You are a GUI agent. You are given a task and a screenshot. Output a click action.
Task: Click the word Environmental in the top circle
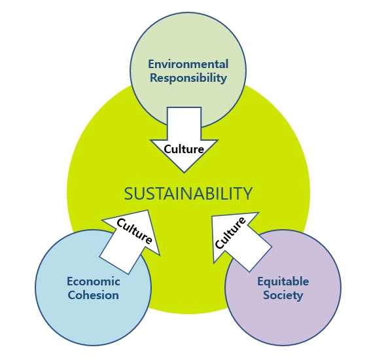(188, 64)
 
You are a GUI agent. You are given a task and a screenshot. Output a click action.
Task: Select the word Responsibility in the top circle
(188, 78)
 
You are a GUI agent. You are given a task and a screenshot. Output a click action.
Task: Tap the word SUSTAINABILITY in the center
(188, 193)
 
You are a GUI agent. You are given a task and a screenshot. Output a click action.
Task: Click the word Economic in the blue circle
(94, 281)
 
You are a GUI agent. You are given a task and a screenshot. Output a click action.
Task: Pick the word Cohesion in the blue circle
(94, 295)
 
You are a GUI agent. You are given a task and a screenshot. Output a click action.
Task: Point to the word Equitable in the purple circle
(283, 281)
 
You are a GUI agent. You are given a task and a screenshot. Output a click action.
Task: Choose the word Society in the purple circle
(283, 295)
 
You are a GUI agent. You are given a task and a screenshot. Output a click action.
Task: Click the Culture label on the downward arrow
(184, 149)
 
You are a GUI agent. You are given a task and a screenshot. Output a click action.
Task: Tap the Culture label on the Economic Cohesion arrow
(134, 231)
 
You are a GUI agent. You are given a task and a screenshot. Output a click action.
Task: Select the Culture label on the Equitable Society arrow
(230, 232)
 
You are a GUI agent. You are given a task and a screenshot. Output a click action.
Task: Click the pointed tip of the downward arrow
(184, 173)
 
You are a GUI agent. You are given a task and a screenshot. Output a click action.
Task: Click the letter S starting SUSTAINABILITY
(128, 194)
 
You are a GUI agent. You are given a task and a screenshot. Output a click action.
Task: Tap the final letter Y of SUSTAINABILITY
(247, 194)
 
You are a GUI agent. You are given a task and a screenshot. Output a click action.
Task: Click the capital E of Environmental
(151, 64)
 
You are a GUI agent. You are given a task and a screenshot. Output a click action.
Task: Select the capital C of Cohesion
(72, 295)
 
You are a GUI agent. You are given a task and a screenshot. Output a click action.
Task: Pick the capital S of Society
(267, 295)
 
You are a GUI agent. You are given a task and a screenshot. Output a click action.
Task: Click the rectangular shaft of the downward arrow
(184, 123)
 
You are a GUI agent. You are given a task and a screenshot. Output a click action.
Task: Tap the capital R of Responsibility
(154, 78)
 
